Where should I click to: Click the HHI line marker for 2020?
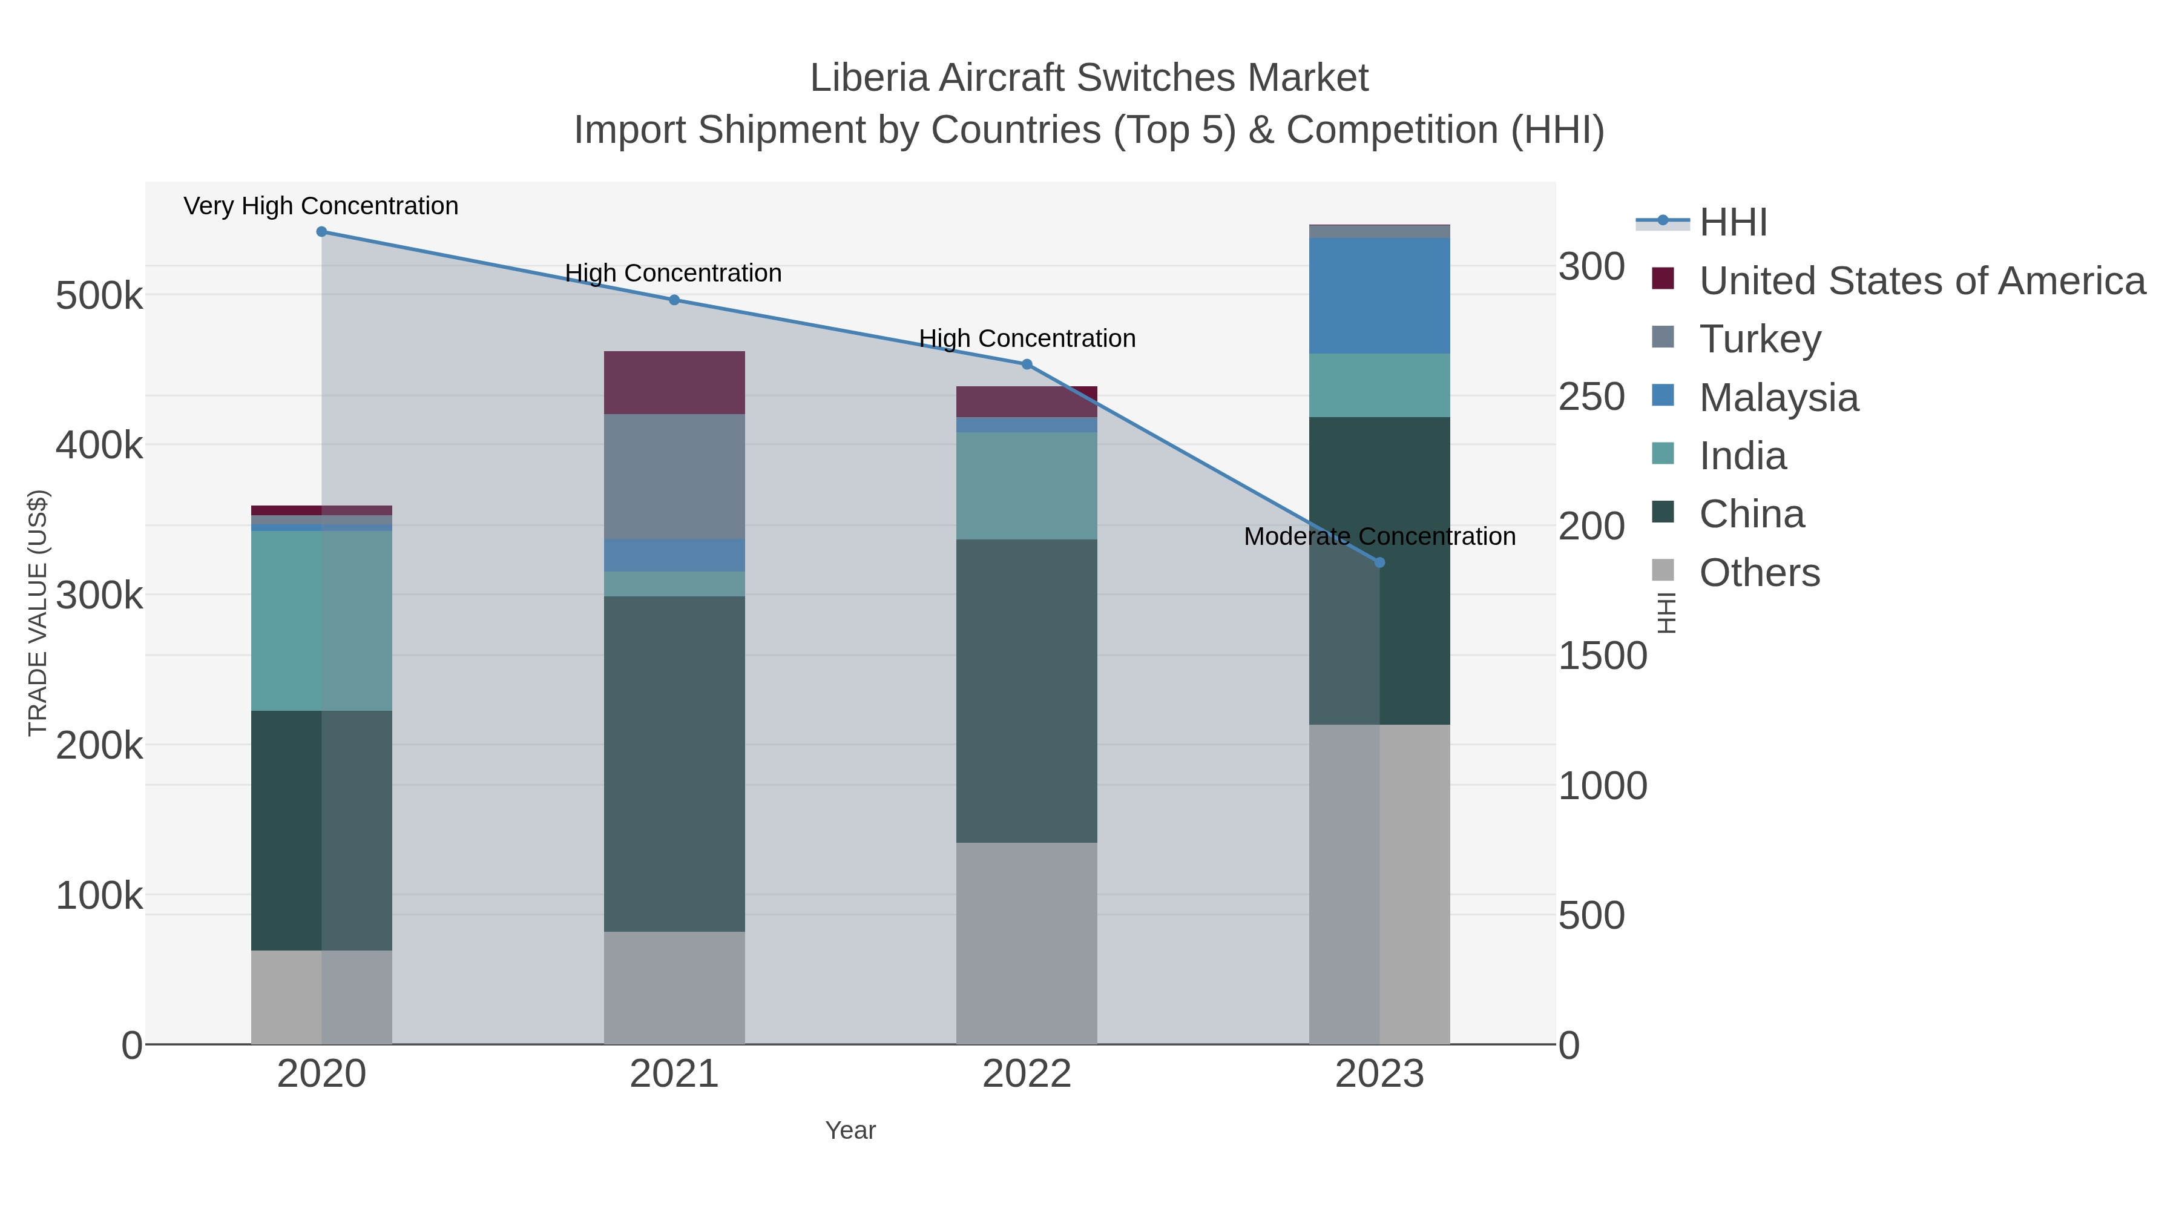[x=321, y=232]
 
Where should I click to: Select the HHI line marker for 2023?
[x=1379, y=562]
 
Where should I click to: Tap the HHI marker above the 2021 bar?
[x=674, y=300]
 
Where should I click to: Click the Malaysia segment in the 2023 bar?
[x=1379, y=296]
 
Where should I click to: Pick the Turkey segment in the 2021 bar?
[x=674, y=476]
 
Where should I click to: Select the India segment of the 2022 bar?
[x=1026, y=486]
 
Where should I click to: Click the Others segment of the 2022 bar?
[x=1026, y=943]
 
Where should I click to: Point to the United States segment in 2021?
[x=674, y=383]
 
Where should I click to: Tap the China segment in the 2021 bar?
[x=674, y=763]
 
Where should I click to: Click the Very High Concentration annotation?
[x=321, y=206]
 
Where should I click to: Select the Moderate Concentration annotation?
[x=1379, y=536]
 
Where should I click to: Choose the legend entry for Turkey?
[x=1760, y=339]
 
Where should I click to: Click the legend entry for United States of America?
[x=1922, y=281]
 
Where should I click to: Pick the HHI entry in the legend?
[x=1732, y=223]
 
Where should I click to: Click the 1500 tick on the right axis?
[x=1602, y=656]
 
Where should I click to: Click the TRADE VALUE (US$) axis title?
[x=38, y=613]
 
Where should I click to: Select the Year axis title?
[x=850, y=1130]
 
